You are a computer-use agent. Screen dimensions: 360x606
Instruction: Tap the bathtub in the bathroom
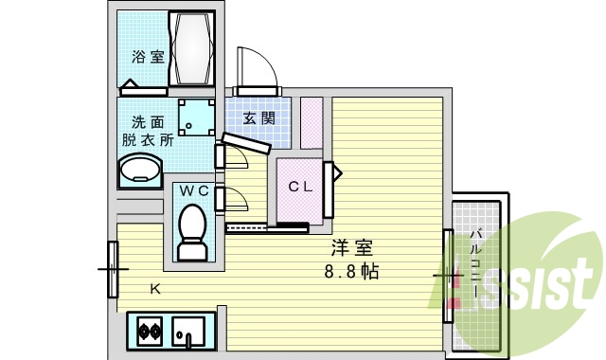pyautogui.click(x=193, y=49)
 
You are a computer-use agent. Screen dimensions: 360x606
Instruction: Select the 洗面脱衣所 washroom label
pyautogui.click(x=147, y=130)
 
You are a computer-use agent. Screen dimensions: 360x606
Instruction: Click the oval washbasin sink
pyautogui.click(x=139, y=171)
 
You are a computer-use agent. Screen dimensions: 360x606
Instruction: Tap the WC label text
pyautogui.click(x=194, y=190)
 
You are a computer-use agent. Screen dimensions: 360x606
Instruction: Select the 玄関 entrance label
pyautogui.click(x=258, y=118)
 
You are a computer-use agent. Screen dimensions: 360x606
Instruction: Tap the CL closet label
pyautogui.click(x=300, y=187)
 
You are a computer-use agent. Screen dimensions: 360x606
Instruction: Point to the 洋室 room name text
pyautogui.click(x=350, y=249)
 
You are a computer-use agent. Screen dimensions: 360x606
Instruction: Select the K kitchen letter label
pyautogui.click(x=155, y=289)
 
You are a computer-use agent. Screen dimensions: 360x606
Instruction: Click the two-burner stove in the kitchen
pyautogui.click(x=150, y=332)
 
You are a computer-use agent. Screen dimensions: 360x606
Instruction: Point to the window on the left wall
pyautogui.click(x=113, y=269)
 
